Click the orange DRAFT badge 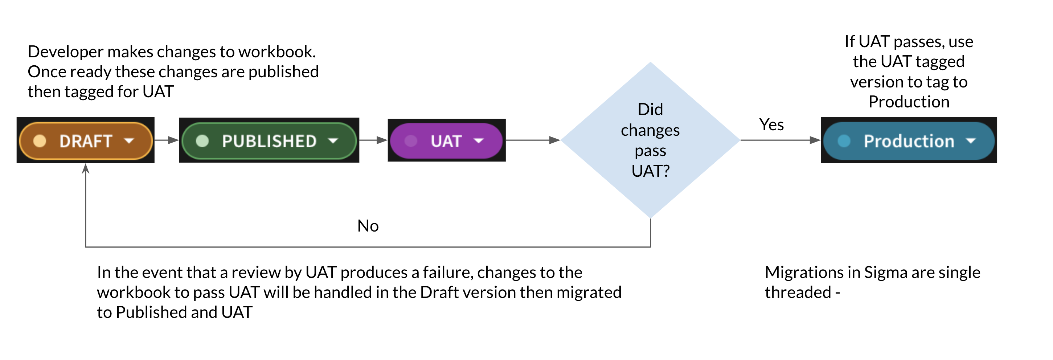tap(85, 141)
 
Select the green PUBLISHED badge tap(269, 141)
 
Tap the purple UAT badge tap(446, 141)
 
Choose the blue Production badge tap(908, 141)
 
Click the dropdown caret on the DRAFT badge tap(129, 141)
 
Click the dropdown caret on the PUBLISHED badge tap(333, 141)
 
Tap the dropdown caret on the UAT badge tap(478, 141)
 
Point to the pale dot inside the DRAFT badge tap(40, 141)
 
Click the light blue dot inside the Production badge tap(844, 141)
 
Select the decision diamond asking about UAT tap(650, 140)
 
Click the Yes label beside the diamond tap(771, 124)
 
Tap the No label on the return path tap(368, 226)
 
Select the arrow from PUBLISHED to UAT tap(373, 140)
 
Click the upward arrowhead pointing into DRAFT tap(85, 168)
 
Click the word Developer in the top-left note tap(65, 52)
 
